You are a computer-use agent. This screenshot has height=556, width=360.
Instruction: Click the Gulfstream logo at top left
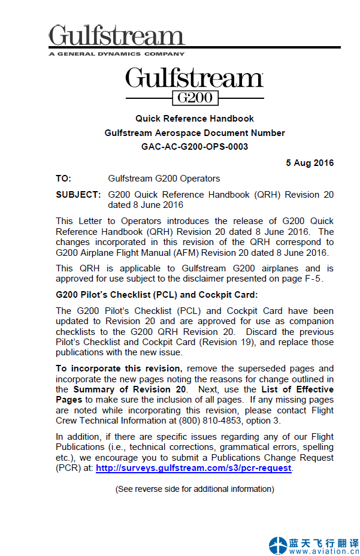116,36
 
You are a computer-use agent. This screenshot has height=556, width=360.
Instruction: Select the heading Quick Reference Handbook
195,119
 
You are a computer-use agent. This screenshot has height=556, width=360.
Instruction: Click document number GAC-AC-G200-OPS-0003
195,147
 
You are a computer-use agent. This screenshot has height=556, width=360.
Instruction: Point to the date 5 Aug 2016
310,163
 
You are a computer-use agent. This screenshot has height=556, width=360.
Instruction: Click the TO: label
63,179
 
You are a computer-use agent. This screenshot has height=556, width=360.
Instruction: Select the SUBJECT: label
78,195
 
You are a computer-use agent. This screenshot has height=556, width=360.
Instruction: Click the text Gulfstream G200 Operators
164,179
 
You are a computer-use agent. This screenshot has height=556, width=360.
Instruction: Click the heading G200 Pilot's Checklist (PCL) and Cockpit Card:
156,295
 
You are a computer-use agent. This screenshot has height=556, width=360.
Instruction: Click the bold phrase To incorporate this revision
118,368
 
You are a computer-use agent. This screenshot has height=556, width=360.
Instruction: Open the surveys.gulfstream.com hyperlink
193,469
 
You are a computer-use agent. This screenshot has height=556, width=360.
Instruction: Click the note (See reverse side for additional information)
195,489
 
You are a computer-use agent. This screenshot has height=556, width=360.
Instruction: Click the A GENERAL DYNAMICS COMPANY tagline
117,53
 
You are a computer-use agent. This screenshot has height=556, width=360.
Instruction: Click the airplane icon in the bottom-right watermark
278,546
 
